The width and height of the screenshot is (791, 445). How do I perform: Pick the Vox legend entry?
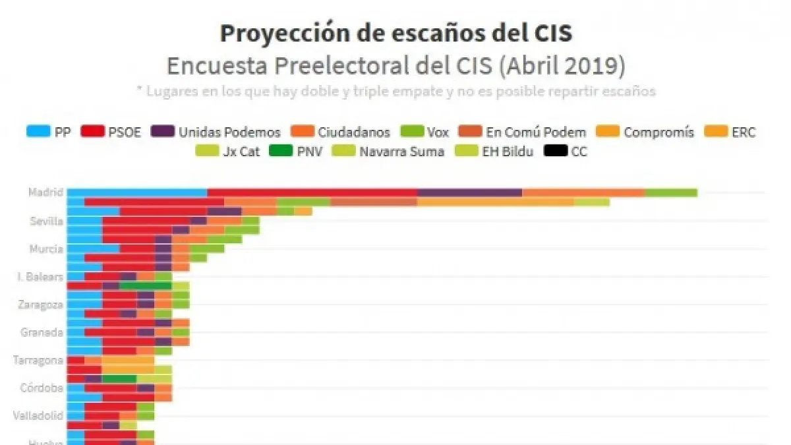point(425,132)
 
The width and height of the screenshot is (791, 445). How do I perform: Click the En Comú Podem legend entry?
point(523,132)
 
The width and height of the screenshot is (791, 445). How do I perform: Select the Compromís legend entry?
point(646,132)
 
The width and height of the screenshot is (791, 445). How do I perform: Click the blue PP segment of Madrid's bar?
point(137,193)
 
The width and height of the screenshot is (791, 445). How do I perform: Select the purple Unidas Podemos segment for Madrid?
point(469,193)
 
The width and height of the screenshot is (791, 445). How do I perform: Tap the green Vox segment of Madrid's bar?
point(670,193)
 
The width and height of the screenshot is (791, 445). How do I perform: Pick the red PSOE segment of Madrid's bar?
point(312,193)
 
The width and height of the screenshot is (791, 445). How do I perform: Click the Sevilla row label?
point(47,221)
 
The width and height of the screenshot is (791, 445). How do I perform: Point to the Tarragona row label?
point(38,360)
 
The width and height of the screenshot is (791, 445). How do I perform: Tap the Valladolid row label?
point(38,415)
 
